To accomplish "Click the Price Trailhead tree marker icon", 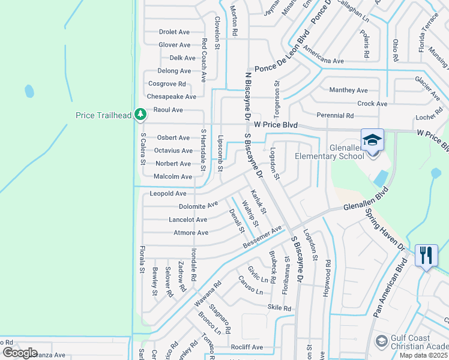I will (x=140, y=113).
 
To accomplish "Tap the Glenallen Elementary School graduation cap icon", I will (x=372, y=140).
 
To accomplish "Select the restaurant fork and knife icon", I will (x=427, y=255).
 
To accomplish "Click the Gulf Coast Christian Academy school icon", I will (x=381, y=341).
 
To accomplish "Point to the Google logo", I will (x=20, y=352).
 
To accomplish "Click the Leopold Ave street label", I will (x=168, y=194).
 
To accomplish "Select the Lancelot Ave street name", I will (x=188, y=220).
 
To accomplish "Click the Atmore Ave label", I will (x=191, y=233).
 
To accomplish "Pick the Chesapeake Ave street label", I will (x=172, y=97).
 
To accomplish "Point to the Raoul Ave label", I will (x=168, y=110).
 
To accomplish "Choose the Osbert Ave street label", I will (x=173, y=138).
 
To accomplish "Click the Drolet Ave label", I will (x=174, y=32).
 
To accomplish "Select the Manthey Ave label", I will (x=348, y=90).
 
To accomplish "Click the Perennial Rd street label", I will (x=335, y=115).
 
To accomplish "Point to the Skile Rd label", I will (x=279, y=308).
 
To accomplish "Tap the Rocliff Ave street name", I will (x=247, y=347).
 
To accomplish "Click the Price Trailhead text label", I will (x=103, y=115).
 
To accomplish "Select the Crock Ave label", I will (x=372, y=104).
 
